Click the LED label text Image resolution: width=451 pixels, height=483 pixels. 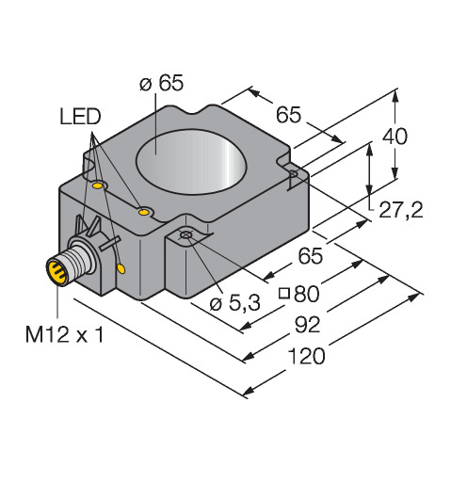80,117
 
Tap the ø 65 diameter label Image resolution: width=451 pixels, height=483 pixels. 161,83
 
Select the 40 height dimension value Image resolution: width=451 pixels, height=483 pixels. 395,136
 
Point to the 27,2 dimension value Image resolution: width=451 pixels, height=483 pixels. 401,210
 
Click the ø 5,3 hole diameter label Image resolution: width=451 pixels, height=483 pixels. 234,303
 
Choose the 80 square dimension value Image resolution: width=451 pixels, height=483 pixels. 307,294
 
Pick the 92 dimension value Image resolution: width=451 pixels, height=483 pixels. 308,324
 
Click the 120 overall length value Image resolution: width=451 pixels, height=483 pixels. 306,356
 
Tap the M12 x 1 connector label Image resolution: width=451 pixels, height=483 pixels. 64,334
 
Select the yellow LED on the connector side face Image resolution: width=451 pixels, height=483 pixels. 121,268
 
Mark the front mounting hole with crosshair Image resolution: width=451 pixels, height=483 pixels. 185,235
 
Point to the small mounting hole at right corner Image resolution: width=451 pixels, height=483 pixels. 294,173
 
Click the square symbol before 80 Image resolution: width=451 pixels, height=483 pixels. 284,294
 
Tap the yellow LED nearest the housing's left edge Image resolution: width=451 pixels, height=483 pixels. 98,185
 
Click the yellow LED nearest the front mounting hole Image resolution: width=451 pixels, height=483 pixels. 144,212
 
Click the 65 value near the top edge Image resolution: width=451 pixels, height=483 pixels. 289,115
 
